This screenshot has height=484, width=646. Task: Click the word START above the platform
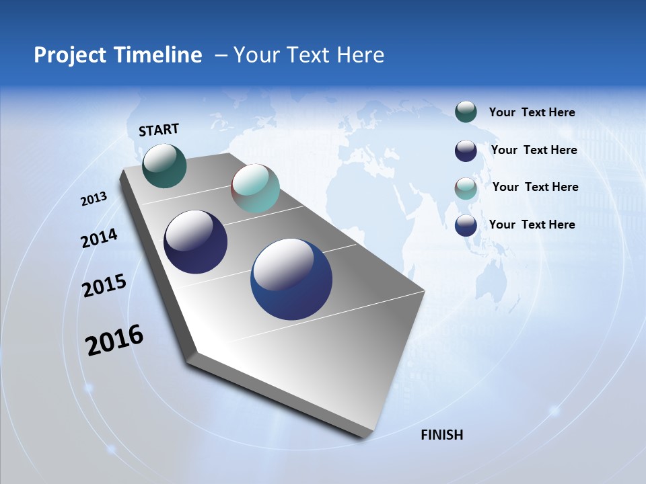pyautogui.click(x=159, y=130)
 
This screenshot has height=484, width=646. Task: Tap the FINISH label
pyautogui.click(x=442, y=435)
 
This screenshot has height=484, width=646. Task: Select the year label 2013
pyautogui.click(x=94, y=198)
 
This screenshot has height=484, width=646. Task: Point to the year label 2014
pyautogui.click(x=99, y=238)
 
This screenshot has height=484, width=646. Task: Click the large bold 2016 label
pyautogui.click(x=114, y=340)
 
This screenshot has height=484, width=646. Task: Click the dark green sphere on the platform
pyautogui.click(x=164, y=165)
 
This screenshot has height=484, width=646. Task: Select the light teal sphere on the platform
pyautogui.click(x=255, y=188)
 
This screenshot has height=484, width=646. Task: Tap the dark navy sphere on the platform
pyautogui.click(x=195, y=242)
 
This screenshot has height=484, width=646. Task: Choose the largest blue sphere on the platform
pyautogui.click(x=291, y=279)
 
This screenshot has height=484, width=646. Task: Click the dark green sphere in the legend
pyautogui.click(x=466, y=112)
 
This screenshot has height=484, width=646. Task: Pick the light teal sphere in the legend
pyautogui.click(x=466, y=188)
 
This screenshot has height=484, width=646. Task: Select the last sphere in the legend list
pyautogui.click(x=466, y=225)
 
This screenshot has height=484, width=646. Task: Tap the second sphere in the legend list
pyautogui.click(x=466, y=151)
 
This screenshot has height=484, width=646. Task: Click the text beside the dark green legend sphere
pyautogui.click(x=532, y=112)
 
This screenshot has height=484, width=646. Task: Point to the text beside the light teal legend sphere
pyautogui.click(x=535, y=187)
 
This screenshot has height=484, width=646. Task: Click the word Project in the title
pyautogui.click(x=69, y=55)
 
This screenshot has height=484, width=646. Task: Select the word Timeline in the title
pyautogui.click(x=159, y=55)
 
